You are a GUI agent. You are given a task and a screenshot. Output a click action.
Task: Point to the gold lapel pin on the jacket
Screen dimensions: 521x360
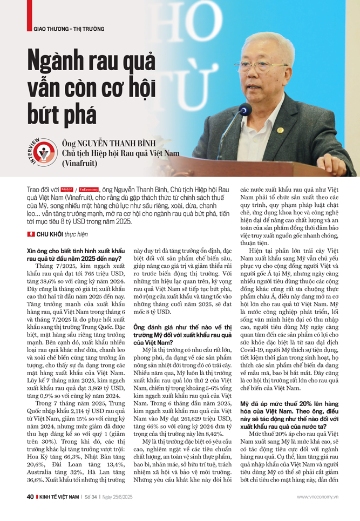click(280, 130)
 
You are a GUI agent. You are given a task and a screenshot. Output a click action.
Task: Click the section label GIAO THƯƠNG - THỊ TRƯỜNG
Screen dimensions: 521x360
click(65, 29)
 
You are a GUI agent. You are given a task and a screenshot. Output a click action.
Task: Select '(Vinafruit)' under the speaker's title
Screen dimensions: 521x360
click(82, 162)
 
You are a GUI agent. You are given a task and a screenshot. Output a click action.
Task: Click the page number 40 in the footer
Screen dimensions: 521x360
click(30, 511)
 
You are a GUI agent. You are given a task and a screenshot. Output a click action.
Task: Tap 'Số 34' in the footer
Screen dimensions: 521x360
click(99, 511)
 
